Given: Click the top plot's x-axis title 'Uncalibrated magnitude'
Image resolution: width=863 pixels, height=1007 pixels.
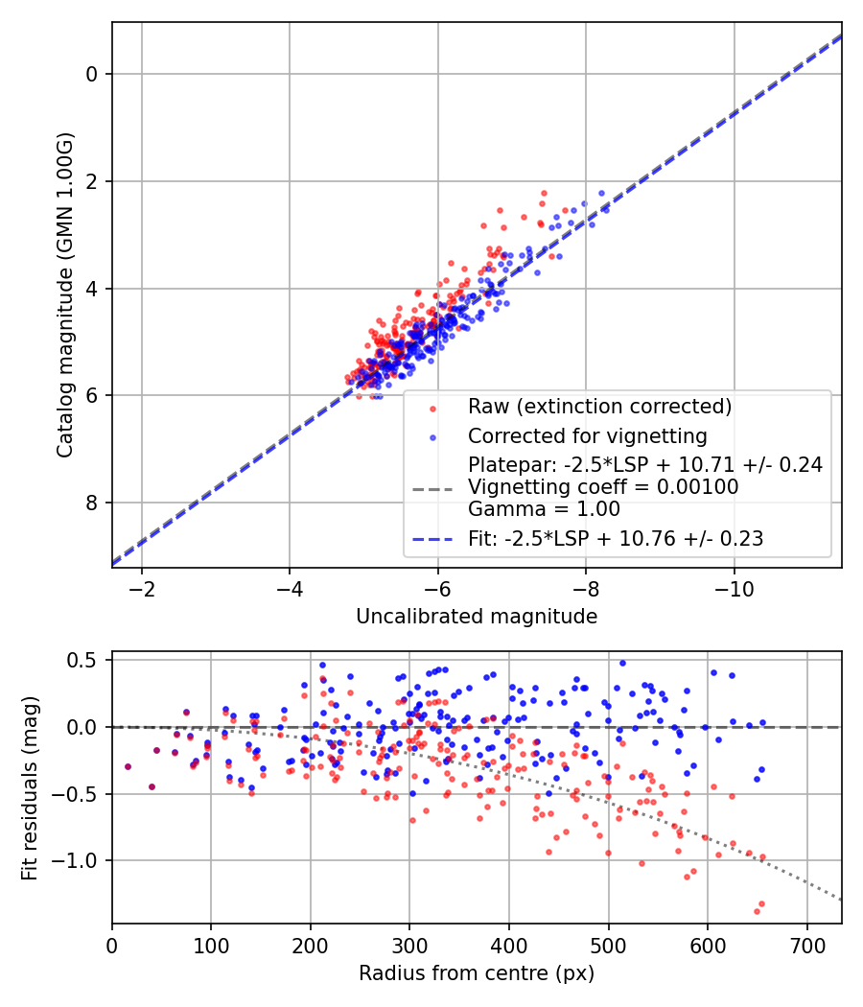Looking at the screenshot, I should [x=477, y=617].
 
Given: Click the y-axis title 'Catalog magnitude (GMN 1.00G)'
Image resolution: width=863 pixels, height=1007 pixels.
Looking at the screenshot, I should [x=64, y=294].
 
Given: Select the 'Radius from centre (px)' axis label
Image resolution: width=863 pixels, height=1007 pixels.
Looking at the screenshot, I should [x=477, y=973].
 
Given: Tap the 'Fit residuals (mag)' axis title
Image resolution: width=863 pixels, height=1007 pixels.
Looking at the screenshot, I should [x=29, y=788].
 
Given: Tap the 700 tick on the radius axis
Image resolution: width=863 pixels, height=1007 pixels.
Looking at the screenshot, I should [x=806, y=944].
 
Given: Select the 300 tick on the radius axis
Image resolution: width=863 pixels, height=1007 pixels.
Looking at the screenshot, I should [x=409, y=944].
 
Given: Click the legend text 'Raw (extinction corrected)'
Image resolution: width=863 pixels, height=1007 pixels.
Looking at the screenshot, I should [x=599, y=407].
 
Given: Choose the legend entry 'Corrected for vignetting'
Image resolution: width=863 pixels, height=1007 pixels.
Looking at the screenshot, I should [x=587, y=436].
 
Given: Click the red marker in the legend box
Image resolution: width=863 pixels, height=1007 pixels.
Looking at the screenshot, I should [x=431, y=408].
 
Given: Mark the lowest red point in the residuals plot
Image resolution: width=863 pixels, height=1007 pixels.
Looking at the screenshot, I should [x=757, y=910].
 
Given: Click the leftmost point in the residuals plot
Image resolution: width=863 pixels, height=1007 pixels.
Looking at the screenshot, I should [x=128, y=766].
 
